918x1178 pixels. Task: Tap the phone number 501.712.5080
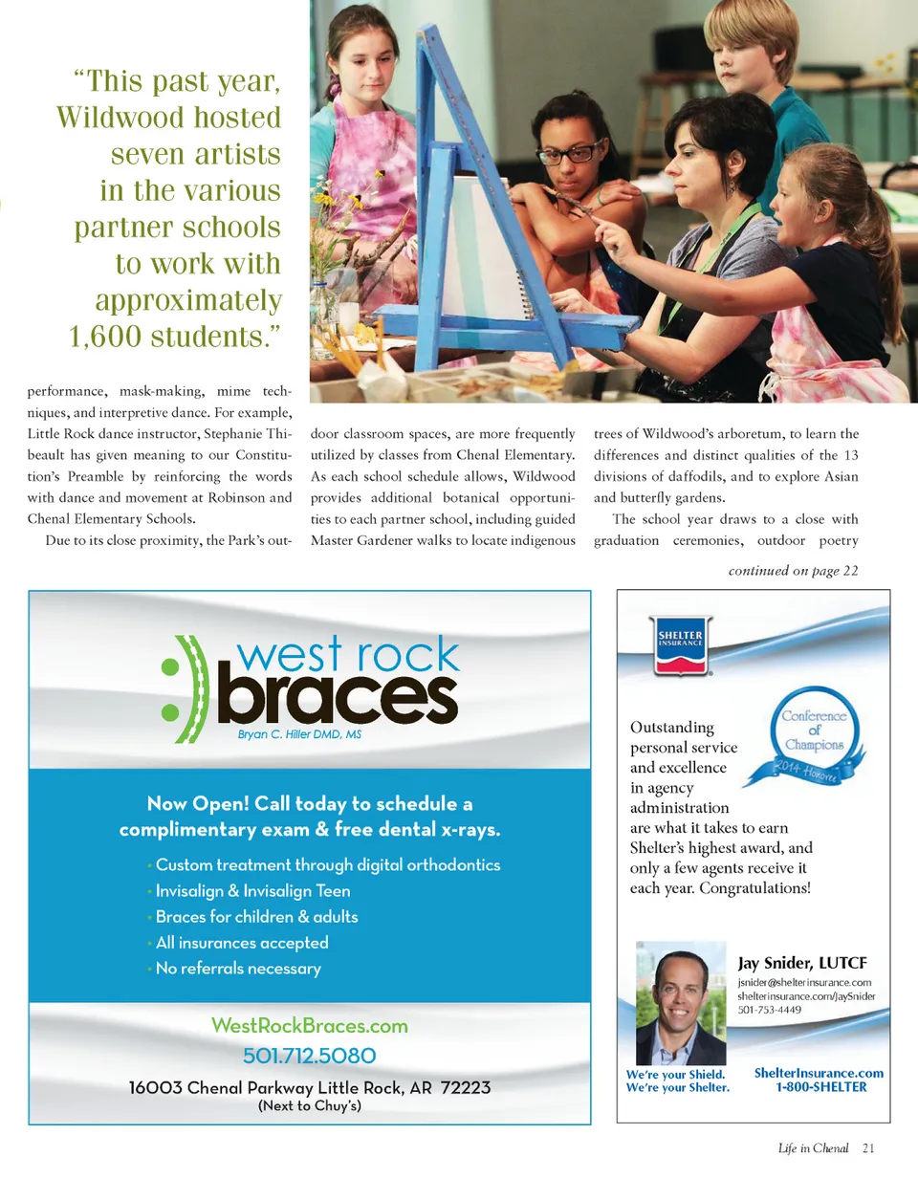tap(310, 1056)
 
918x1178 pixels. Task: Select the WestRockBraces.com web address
tap(310, 1026)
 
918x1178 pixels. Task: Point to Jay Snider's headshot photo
tap(681, 1002)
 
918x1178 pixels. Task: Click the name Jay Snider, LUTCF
tap(801, 963)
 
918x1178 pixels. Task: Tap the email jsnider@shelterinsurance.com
tap(804, 982)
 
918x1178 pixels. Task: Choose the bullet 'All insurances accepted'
tap(242, 943)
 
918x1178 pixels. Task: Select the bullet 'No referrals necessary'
tap(238, 969)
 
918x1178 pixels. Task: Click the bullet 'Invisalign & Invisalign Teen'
tap(252, 891)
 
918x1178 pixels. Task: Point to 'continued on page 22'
tap(793, 572)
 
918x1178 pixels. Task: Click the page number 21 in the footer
tap(867, 1148)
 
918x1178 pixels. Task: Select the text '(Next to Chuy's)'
tap(310, 1107)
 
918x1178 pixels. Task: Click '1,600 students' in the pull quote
tap(175, 337)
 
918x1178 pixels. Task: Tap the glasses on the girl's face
tap(571, 153)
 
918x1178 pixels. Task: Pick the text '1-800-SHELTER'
tap(821, 1087)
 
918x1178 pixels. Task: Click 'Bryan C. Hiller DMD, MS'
tap(298, 735)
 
